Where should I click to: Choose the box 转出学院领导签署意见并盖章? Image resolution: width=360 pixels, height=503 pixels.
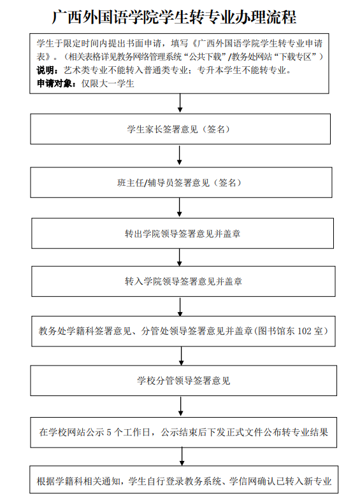tap(182, 233)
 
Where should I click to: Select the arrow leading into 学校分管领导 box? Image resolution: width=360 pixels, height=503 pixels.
tap(181, 355)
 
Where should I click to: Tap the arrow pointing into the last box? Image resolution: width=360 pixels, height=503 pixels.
tap(182, 455)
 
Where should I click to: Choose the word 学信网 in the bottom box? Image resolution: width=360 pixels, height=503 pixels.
tap(240, 481)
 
